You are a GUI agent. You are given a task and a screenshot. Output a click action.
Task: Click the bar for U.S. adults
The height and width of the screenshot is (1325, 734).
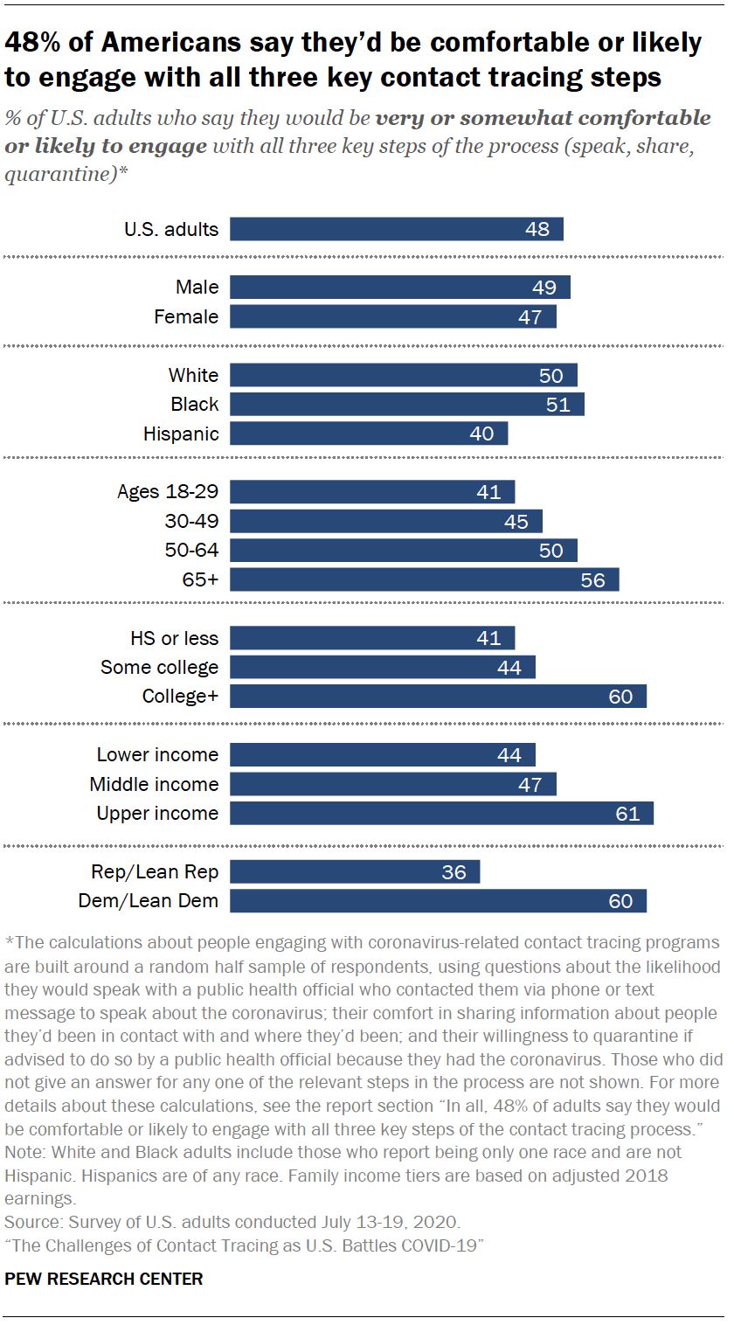pos(396,229)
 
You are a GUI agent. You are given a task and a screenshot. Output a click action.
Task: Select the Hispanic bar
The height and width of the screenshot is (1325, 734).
pos(368,434)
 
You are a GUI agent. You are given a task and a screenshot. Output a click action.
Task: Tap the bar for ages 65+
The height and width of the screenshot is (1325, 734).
pos(424,579)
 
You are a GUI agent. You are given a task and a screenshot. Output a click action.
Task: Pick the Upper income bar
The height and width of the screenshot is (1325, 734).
pos(441,814)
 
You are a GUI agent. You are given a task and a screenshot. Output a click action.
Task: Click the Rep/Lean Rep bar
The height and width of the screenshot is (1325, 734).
pos(354,872)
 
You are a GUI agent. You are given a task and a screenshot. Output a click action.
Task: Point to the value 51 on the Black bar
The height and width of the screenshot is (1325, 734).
pos(557,405)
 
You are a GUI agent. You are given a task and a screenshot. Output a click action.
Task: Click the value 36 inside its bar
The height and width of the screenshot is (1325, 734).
pos(454,872)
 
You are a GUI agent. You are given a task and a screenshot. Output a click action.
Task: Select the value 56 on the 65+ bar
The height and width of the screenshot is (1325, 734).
pos(592,579)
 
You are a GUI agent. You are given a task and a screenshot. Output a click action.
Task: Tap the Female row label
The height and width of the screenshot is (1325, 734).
pos(186,316)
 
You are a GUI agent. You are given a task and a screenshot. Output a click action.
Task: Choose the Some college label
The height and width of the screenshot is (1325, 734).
pos(159,668)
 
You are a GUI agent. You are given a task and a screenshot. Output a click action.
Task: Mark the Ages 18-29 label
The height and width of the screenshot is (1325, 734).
pos(168,492)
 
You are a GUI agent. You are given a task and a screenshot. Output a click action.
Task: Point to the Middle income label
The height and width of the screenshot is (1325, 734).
pos(154,784)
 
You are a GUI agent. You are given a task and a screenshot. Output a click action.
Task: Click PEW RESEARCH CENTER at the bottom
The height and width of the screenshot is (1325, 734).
pos(104,1280)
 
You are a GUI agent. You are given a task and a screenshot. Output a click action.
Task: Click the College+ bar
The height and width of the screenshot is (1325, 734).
pos(438,697)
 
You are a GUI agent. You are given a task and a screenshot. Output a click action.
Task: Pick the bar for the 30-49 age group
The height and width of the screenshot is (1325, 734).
pos(385,522)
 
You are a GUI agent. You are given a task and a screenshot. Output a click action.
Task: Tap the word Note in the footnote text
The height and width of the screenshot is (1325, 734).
pos(22,1153)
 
